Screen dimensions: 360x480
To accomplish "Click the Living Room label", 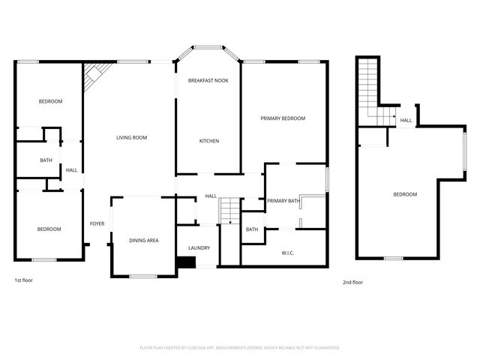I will click(x=131, y=137).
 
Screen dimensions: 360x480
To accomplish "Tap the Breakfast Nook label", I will click(x=208, y=80).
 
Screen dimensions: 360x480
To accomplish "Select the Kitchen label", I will click(x=208, y=141).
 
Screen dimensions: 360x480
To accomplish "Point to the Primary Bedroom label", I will click(x=283, y=118).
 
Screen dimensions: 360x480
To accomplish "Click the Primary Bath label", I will click(x=283, y=200).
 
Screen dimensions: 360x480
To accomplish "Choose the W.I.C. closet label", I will click(x=287, y=253).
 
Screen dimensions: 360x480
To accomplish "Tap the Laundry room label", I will click(x=199, y=247).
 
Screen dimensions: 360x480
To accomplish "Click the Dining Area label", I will click(x=143, y=240).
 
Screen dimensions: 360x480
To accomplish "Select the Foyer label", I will click(x=97, y=223).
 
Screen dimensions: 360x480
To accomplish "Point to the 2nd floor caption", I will click(x=352, y=282).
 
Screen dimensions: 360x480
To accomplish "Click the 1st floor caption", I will click(x=23, y=280).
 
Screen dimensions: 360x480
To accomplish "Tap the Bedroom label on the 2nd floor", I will click(x=405, y=194).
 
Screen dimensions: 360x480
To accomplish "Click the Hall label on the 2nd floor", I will click(x=406, y=120).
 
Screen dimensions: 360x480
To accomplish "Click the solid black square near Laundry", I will click(x=185, y=262).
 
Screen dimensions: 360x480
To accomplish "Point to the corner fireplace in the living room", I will click(x=93, y=75).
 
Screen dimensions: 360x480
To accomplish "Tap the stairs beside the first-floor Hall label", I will click(x=229, y=211).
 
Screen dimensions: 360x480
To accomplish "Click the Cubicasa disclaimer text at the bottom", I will click(x=240, y=348).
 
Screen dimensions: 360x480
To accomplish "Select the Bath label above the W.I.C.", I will click(x=252, y=229).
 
